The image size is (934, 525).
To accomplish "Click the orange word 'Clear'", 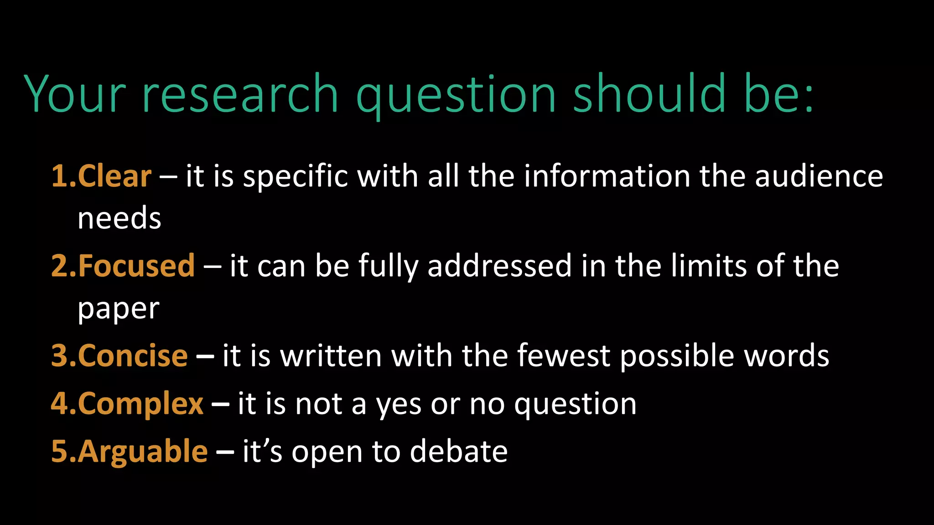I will [114, 176].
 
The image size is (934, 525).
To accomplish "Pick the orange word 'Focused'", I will [136, 266].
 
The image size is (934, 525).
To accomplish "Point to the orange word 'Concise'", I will [133, 355].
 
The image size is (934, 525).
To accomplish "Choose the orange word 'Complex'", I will [140, 404].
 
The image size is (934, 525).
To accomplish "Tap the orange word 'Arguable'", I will [143, 451].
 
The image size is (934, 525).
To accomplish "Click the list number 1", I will [60, 176].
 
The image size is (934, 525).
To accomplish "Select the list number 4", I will [60, 404].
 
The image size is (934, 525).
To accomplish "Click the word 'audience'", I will [819, 176].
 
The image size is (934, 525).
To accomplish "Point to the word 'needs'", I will [119, 218].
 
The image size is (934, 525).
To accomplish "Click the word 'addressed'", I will [499, 266].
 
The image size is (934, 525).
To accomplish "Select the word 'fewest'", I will [563, 355].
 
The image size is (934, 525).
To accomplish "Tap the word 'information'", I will [607, 176].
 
